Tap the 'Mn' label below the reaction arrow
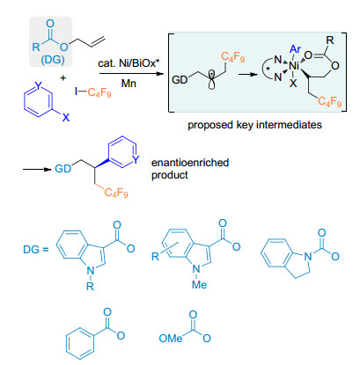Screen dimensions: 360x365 pos(129,84)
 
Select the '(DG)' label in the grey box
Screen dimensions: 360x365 pos(53,60)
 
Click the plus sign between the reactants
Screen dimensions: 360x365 pos(63,78)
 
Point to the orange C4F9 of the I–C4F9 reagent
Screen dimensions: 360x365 pos(99,93)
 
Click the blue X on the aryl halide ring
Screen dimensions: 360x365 pos(65,118)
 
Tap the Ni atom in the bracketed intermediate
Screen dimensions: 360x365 pos(294,66)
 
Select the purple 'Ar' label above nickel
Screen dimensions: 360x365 pos(295,49)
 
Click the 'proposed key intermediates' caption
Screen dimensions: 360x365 pos(254,125)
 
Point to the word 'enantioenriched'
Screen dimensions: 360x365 pos(190,163)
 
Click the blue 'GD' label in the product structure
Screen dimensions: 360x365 pos(62,169)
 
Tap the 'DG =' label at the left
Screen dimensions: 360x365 pos(35,250)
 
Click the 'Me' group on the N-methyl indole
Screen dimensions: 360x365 pos(199,284)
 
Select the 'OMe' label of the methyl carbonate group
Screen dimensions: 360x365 pos(171,339)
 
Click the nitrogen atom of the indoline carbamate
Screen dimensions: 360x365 pos(308,257)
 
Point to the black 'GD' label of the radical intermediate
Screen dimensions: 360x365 pos(180,79)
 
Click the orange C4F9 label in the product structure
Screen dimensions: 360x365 pos(116,193)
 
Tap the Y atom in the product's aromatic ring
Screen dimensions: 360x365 pos(136,159)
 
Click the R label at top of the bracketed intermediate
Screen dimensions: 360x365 pos(330,40)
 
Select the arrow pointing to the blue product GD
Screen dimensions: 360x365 pos(38,169)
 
